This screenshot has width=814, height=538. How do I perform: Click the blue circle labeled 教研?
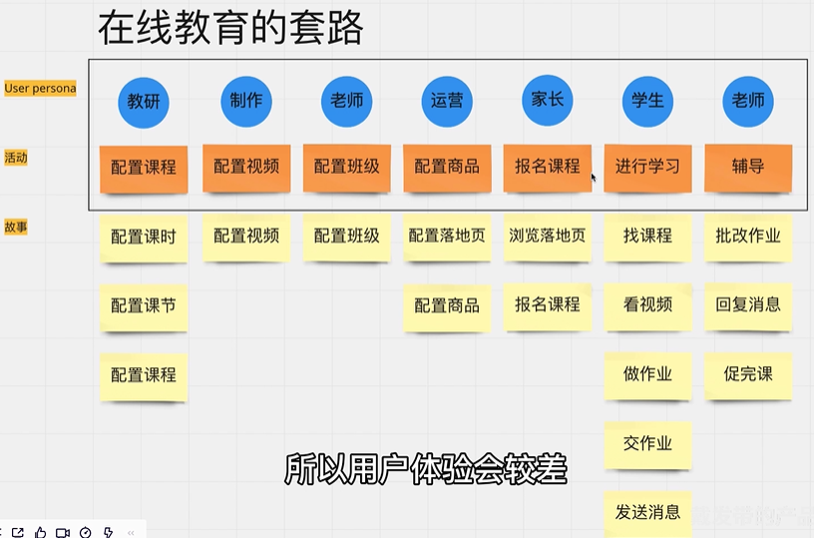144,102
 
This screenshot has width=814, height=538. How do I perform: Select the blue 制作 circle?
245,101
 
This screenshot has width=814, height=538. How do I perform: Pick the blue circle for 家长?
548,101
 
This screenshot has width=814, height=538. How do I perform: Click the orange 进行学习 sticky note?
647,167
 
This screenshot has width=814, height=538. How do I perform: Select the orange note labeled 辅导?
748,167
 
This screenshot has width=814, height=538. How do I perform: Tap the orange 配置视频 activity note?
246,167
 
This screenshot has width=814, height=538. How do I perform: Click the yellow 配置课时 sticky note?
144,237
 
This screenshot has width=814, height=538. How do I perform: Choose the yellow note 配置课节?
144,305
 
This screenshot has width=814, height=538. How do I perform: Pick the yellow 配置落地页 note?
447,237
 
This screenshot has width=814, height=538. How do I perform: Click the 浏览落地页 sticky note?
548,237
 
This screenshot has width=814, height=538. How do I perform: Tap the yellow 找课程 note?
647,237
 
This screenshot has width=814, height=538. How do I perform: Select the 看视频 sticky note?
647,305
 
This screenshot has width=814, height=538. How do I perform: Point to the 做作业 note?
647,375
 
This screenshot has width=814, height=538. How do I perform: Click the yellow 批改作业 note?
748,237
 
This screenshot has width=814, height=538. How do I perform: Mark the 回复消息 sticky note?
748,305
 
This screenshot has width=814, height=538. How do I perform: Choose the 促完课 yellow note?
748,375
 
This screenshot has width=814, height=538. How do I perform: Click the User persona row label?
40,88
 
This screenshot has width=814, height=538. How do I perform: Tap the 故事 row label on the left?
16,227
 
